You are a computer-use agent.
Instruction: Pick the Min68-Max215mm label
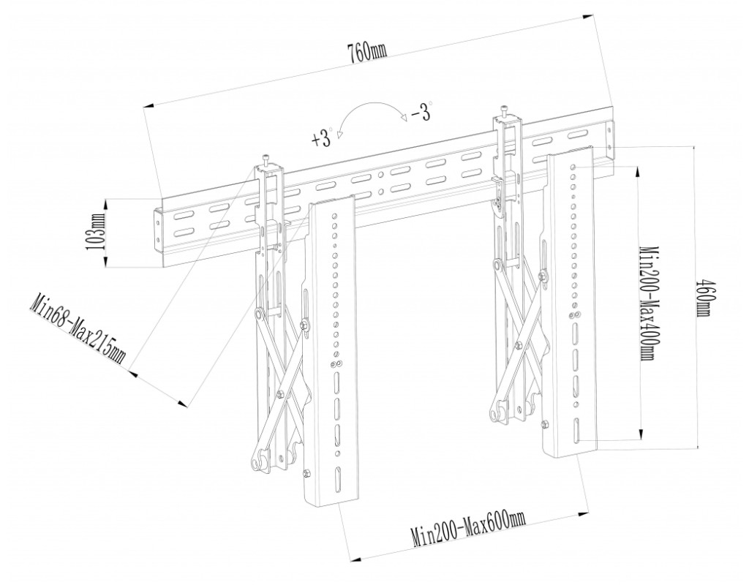pos(79,330)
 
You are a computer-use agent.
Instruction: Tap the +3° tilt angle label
pos(322,138)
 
